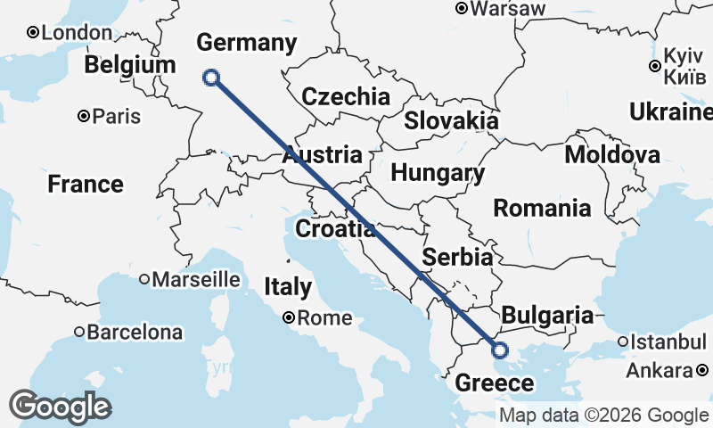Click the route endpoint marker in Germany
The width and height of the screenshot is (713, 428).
pyautogui.click(x=211, y=78)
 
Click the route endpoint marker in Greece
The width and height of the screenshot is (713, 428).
pyautogui.click(x=499, y=350)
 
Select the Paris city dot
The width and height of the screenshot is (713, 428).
pyautogui.click(x=84, y=116)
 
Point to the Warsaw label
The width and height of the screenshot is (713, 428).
pyautogui.click(x=507, y=9)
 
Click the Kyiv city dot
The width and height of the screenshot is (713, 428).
pyautogui.click(x=655, y=66)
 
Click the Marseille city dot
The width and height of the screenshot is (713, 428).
pyautogui.click(x=144, y=280)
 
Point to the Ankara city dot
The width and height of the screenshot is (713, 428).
pyautogui.click(x=702, y=370)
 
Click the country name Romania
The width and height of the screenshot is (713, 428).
pyautogui.click(x=542, y=209)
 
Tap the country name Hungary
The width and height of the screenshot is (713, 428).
pyautogui.click(x=438, y=173)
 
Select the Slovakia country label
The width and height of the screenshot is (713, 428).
pyautogui.click(x=451, y=121)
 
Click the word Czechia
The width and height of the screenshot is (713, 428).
pyautogui.click(x=346, y=96)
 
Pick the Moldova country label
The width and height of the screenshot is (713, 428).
pyautogui.click(x=612, y=155)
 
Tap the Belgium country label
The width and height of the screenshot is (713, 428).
pyautogui.click(x=130, y=66)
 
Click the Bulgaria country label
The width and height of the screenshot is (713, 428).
pyautogui.click(x=546, y=315)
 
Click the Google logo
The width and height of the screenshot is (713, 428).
pyautogui.click(x=60, y=407)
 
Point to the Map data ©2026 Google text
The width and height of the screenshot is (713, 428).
pyautogui.click(x=603, y=415)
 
